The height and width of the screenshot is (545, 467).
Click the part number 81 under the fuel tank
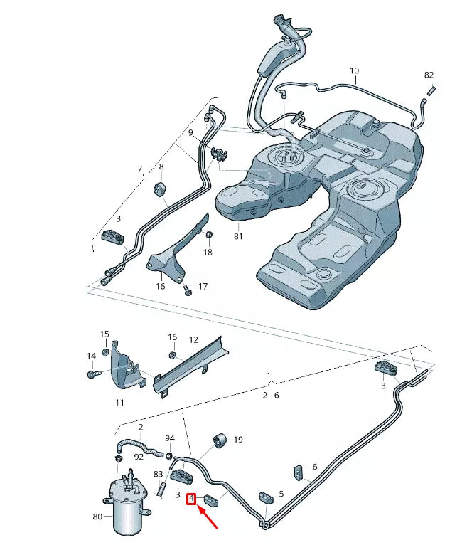pyautogui.click(x=238, y=236)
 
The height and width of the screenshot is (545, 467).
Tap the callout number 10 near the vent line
pyautogui.click(x=354, y=70)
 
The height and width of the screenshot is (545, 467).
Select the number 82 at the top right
pyautogui.click(x=429, y=75)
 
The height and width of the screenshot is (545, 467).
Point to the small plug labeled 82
pyautogui.click(x=431, y=90)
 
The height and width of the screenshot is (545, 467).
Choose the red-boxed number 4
pyautogui.click(x=191, y=499)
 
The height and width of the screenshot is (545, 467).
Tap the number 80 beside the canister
pyautogui.click(x=97, y=517)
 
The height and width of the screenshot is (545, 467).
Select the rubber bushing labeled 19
pyautogui.click(x=219, y=441)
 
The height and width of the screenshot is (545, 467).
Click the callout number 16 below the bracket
pyautogui.click(x=161, y=286)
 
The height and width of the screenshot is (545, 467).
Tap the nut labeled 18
pyautogui.click(x=209, y=235)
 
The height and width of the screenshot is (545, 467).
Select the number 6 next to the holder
pyautogui.click(x=314, y=467)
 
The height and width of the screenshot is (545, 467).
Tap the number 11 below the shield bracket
pyautogui.click(x=119, y=403)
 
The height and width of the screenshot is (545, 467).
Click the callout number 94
pyautogui.click(x=169, y=438)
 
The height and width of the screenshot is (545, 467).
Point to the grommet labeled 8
pyautogui.click(x=160, y=190)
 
